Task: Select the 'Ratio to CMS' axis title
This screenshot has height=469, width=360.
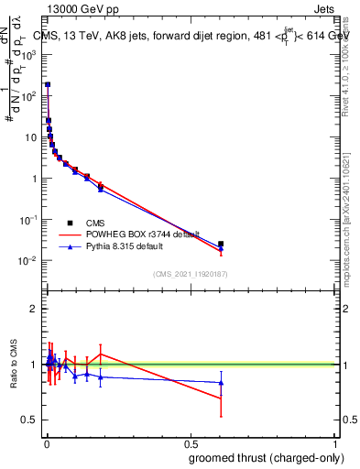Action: pyautogui.click(x=14, y=364)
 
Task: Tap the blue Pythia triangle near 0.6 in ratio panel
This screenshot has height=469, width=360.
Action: pyautogui.click(x=221, y=383)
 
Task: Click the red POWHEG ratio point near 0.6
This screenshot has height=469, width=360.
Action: pyautogui.click(x=221, y=398)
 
